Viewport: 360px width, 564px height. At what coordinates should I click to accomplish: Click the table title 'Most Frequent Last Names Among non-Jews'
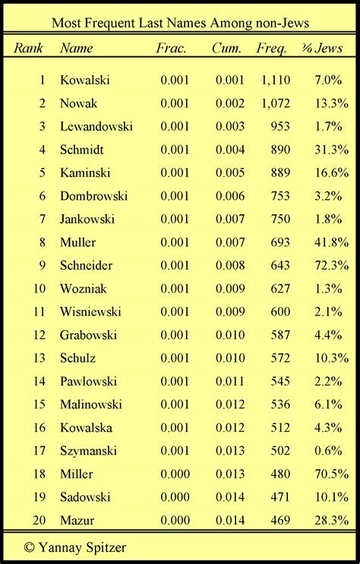click(180, 22)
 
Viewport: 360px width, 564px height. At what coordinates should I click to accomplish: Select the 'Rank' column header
click(29, 49)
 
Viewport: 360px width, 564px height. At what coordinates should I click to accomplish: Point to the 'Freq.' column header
click(272, 49)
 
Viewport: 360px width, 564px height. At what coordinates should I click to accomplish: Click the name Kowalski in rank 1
click(86, 80)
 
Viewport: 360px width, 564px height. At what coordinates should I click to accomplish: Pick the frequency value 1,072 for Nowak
click(274, 103)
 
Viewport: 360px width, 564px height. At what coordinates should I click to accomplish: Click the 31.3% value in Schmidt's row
click(330, 150)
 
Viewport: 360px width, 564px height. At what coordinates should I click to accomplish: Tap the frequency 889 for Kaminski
click(279, 173)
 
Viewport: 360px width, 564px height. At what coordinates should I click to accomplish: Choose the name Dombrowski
click(93, 196)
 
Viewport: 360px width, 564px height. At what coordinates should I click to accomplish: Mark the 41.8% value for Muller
click(330, 242)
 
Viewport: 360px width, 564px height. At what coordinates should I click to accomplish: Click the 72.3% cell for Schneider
click(330, 265)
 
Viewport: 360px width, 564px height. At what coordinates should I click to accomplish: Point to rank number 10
click(41, 289)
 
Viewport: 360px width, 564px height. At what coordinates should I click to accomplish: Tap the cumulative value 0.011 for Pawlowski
click(229, 382)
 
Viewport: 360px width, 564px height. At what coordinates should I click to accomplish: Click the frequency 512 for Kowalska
click(279, 428)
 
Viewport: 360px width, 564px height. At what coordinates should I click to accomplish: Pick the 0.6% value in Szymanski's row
click(333, 451)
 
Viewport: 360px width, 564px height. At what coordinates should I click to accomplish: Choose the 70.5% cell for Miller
click(330, 474)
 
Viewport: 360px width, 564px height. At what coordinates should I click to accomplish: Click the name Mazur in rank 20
click(76, 521)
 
